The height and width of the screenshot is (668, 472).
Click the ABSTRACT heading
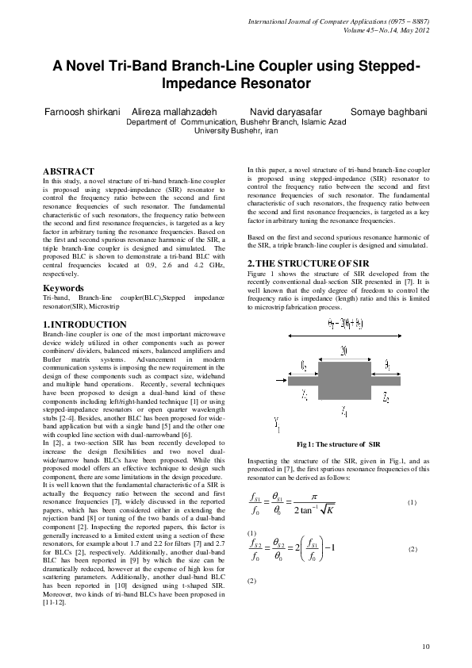(68, 171)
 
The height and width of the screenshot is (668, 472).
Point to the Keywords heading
(64, 287)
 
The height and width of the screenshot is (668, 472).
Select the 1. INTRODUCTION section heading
(84, 324)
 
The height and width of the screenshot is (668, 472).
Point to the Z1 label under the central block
(343, 412)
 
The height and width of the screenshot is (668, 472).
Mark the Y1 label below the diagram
(276, 423)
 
